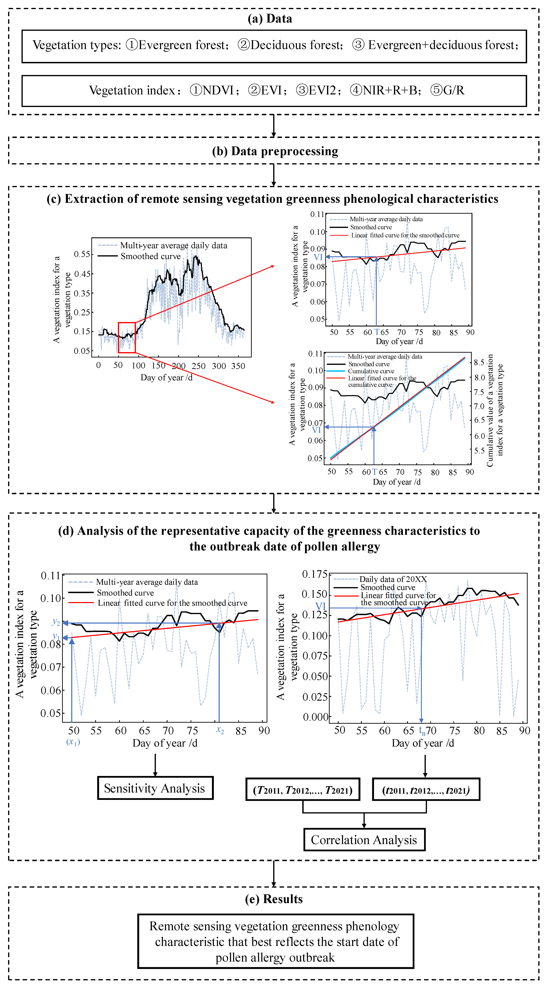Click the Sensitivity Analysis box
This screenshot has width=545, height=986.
(155, 788)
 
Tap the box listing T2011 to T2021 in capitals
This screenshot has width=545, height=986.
(303, 789)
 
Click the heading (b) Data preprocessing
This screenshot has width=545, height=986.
(275, 151)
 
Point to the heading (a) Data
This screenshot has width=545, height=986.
(270, 19)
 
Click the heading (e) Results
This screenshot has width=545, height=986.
(274, 899)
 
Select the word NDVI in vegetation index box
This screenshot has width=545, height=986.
(218, 90)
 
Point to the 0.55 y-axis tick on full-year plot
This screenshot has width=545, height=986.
(82, 254)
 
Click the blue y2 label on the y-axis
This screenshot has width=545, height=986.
(56, 622)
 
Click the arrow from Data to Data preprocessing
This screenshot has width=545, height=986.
(274, 126)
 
